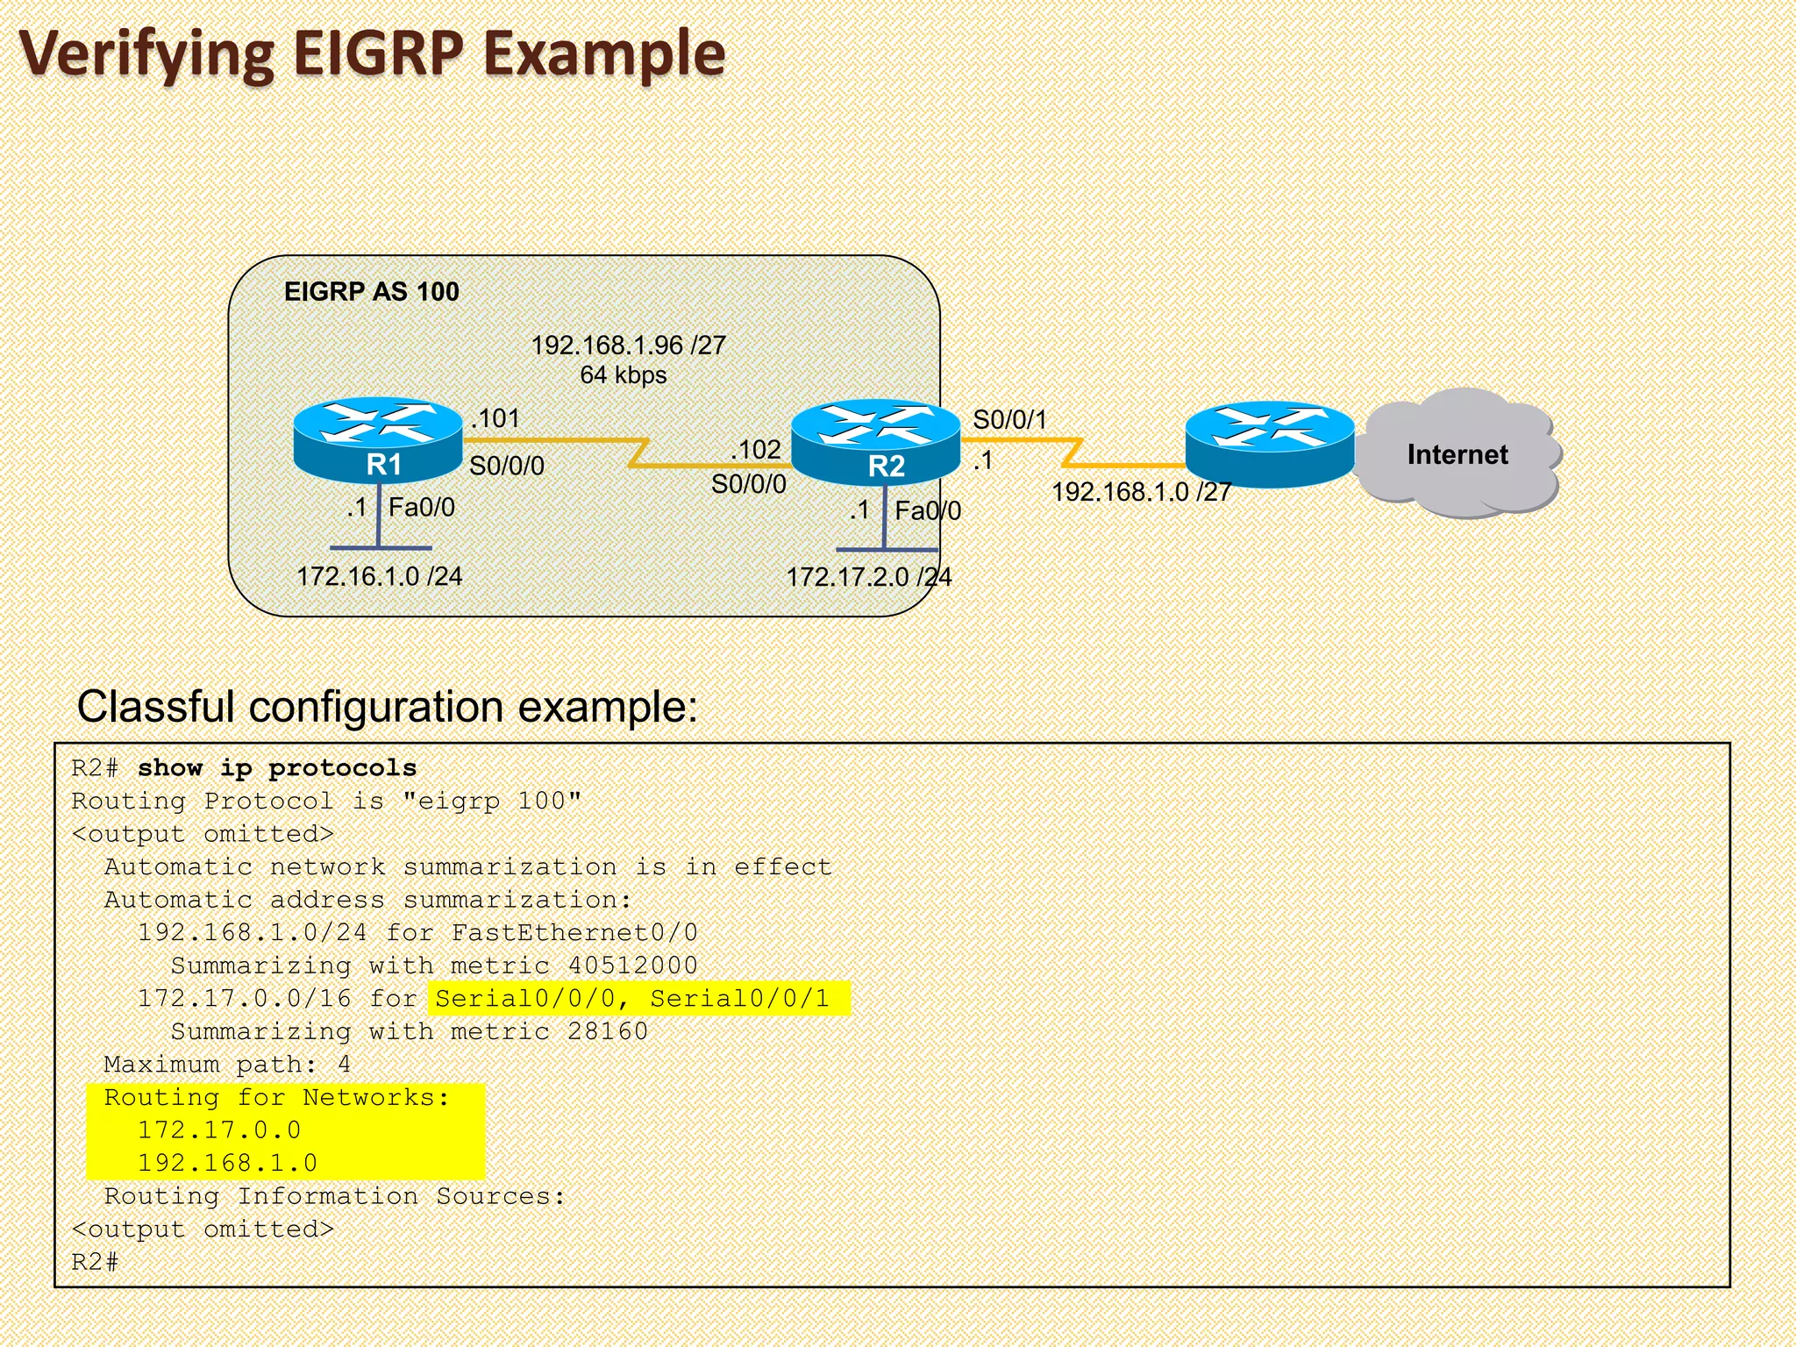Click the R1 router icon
pos(378,440)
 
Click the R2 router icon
pos(875,443)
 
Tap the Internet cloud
pos(1457,454)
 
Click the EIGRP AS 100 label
pos(371,291)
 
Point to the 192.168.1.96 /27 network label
pos(628,346)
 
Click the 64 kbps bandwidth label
pos(623,375)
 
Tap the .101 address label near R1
pos(496,418)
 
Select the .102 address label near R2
pos(756,450)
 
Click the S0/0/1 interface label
pos(1009,420)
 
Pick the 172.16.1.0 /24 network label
pos(379,576)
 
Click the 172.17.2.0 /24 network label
pos(868,577)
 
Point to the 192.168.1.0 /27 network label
pos(1141,492)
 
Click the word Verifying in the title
pos(147,54)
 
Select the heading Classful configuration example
pos(387,707)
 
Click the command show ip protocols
pos(276,768)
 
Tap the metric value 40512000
pos(632,966)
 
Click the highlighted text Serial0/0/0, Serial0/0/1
pos(632,999)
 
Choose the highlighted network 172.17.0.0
pos(219,1130)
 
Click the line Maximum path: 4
pos(227,1065)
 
